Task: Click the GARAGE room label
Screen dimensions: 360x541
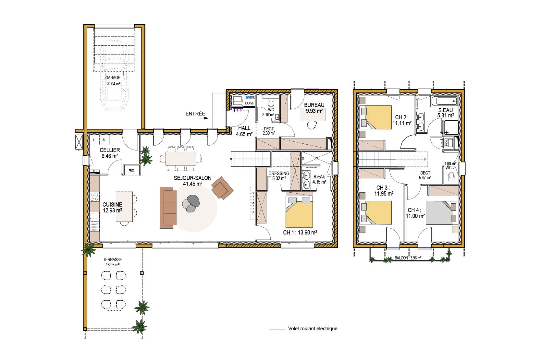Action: click(113, 78)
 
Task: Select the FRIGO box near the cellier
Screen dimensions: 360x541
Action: click(131, 170)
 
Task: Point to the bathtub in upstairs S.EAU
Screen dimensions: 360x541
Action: click(444, 101)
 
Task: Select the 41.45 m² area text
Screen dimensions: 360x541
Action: click(192, 184)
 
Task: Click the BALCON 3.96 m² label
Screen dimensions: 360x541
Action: click(408, 258)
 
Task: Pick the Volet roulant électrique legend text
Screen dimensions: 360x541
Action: click(313, 329)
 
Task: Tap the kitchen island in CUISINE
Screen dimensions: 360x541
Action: click(124, 207)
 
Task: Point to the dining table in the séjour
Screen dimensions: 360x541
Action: click(181, 158)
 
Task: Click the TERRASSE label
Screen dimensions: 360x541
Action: click(113, 259)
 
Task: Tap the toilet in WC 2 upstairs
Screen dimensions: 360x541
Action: click(451, 177)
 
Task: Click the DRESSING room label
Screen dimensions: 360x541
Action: click(278, 174)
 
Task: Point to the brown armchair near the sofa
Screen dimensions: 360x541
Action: click(222, 188)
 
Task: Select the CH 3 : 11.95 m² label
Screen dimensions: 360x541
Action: click(384, 190)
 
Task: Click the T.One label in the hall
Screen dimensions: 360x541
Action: click(249, 103)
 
